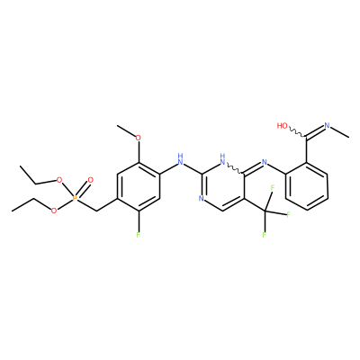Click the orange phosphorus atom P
point(75,198)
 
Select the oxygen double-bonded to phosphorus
point(90,180)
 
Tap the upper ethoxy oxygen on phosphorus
point(59,180)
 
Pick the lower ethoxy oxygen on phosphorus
point(54,211)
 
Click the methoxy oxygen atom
point(138,138)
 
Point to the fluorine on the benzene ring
point(138,235)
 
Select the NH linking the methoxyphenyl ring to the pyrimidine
point(180,159)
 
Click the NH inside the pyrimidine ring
point(222,159)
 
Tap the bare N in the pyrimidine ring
point(201,198)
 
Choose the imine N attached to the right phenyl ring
point(264,162)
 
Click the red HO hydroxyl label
point(282,126)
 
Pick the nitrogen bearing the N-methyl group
point(327,126)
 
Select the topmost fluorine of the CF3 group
point(273,188)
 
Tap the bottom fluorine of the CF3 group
point(265,235)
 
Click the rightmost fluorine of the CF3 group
point(288,214)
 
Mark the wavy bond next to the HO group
point(297,132)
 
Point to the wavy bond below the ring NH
point(235,168)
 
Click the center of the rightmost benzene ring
point(306,186)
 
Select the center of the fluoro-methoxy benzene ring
point(138,186)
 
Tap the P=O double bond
point(82,190)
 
